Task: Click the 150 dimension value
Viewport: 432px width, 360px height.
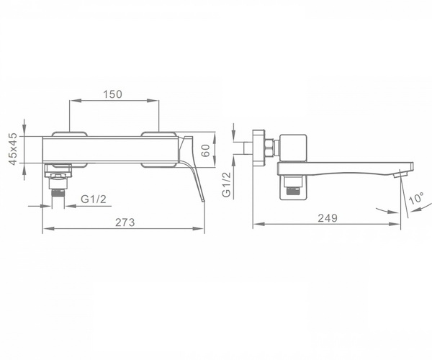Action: [112, 94]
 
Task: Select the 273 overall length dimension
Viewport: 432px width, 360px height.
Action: [125, 222]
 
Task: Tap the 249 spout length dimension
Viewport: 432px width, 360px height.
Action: [328, 218]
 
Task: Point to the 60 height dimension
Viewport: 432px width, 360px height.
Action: [206, 150]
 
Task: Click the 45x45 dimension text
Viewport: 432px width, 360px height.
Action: [13, 149]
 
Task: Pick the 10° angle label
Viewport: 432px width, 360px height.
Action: [416, 198]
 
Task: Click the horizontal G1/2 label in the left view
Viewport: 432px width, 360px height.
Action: [94, 199]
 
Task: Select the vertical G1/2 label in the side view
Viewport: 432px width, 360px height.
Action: [227, 184]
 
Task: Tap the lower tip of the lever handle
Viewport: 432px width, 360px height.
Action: [204, 201]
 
